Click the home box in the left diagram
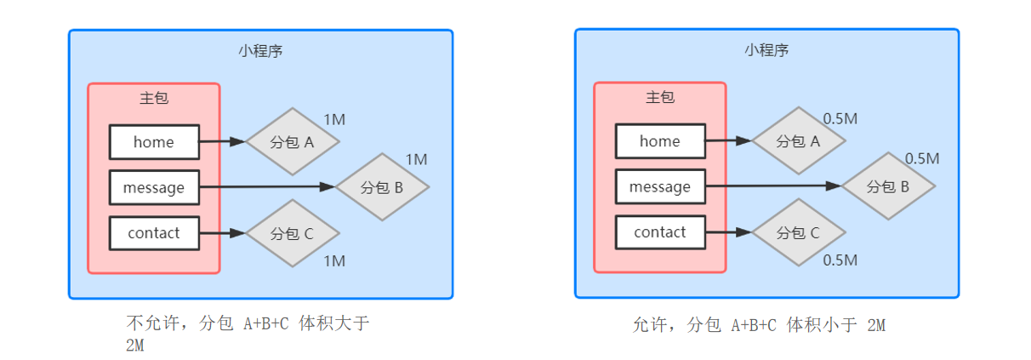[154, 142]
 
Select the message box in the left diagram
[154, 187]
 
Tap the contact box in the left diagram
[154, 233]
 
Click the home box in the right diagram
[660, 141]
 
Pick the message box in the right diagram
[660, 186]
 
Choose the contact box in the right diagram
[660, 232]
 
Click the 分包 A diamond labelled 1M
[293, 142]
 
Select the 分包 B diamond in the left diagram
[382, 187]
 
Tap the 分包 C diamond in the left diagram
[293, 233]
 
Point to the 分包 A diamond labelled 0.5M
[799, 141]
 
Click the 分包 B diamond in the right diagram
[888, 186]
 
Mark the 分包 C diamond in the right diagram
[799, 232]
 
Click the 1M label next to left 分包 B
[416, 159]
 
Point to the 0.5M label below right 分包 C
[840, 260]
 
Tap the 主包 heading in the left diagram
[154, 98]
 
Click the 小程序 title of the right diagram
[766, 50]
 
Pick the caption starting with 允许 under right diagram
[760, 325]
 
